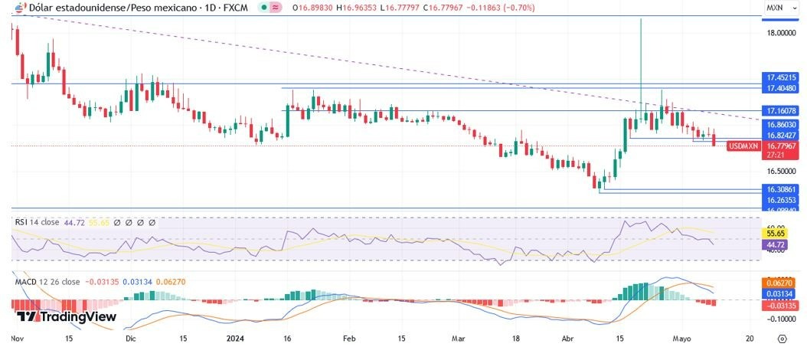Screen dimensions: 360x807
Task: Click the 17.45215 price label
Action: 781,77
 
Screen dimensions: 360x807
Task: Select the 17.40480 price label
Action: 781,88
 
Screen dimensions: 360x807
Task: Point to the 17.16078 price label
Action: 781,111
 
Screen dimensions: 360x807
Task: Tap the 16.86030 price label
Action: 781,124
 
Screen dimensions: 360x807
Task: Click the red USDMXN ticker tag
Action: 743,146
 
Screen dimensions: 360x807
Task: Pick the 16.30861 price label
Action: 781,188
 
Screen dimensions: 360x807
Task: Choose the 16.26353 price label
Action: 781,199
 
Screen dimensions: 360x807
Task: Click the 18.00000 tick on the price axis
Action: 782,33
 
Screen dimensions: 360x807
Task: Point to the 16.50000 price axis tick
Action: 782,172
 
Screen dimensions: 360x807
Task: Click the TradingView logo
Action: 66,316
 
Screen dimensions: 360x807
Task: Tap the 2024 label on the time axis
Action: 234,338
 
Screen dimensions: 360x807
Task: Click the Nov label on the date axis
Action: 17,338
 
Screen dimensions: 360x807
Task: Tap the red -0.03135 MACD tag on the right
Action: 781,306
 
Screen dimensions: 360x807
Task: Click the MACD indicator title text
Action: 27,282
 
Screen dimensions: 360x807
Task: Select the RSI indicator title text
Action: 21,222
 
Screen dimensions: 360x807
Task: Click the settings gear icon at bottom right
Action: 782,338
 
